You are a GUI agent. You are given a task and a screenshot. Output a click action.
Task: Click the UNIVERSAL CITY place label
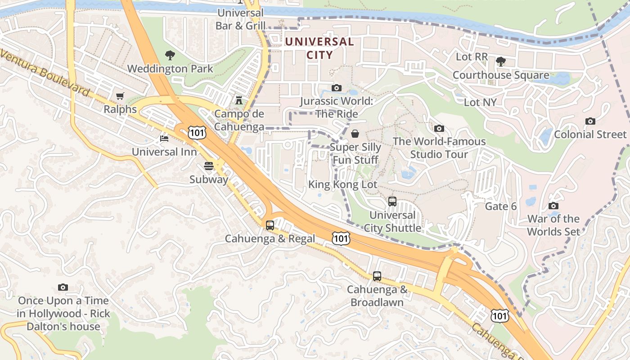pyautogui.click(x=319, y=49)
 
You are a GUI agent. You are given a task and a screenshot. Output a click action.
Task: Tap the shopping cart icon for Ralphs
pyautogui.click(x=120, y=96)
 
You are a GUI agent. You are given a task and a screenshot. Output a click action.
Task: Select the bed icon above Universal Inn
pyautogui.click(x=164, y=138)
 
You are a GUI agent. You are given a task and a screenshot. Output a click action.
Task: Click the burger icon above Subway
pyautogui.click(x=208, y=166)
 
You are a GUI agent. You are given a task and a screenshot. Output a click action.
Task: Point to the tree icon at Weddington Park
pyautogui.click(x=170, y=55)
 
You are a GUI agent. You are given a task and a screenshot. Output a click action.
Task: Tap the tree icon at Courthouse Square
pyautogui.click(x=500, y=61)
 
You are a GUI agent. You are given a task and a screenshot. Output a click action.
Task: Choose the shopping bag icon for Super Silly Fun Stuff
pyautogui.click(x=355, y=134)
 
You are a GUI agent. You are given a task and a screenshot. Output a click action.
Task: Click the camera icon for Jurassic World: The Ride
pyautogui.click(x=336, y=88)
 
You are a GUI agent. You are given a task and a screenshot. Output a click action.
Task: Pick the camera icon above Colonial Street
pyautogui.click(x=590, y=121)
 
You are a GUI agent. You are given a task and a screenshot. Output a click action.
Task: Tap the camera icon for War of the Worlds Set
pyautogui.click(x=553, y=206)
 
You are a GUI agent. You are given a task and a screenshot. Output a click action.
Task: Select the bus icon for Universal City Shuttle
pyautogui.click(x=392, y=201)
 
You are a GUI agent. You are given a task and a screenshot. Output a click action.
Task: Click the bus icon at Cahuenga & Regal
pyautogui.click(x=270, y=225)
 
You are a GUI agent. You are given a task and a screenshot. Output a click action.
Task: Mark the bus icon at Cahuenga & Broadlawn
pyautogui.click(x=377, y=276)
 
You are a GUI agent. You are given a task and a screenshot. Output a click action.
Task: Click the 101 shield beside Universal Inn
pyautogui.click(x=197, y=132)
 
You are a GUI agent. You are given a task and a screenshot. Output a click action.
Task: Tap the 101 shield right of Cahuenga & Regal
pyautogui.click(x=341, y=238)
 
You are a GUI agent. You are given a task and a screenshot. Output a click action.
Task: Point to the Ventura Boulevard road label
pyautogui.click(x=45, y=72)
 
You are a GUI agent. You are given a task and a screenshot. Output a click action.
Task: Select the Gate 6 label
pyautogui.click(x=500, y=207)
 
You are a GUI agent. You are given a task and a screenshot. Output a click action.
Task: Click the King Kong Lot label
pyautogui.click(x=342, y=184)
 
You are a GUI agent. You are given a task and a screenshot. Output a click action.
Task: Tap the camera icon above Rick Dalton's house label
pyautogui.click(x=63, y=287)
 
